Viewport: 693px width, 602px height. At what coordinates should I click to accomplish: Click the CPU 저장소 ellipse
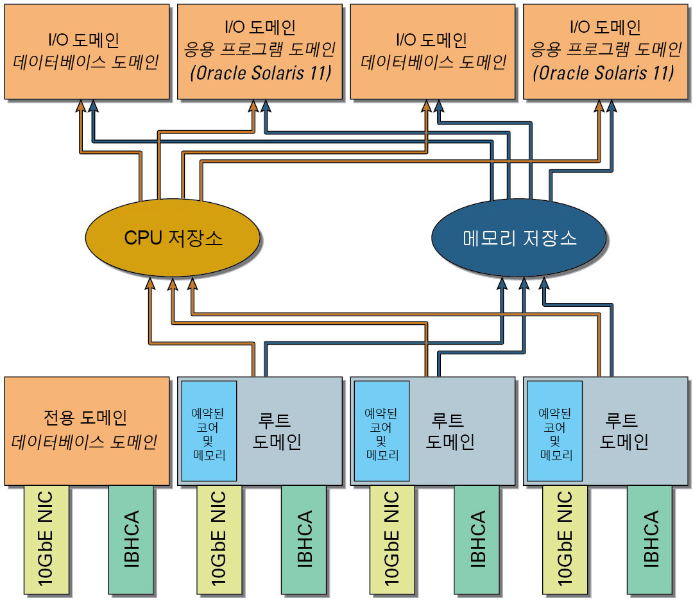click(173, 238)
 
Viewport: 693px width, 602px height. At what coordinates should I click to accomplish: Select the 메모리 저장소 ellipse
click(519, 238)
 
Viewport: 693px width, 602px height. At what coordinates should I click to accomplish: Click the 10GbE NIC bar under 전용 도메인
click(46, 539)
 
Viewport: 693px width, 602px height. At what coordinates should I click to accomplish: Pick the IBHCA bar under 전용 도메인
click(131, 539)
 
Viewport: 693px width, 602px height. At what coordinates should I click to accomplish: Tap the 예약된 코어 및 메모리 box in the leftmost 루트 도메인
click(209, 431)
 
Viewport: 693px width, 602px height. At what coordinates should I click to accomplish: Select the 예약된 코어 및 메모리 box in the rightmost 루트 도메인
click(554, 431)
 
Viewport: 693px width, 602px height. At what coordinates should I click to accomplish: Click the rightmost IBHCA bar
click(649, 539)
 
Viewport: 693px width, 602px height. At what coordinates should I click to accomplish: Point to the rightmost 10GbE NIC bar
click(565, 539)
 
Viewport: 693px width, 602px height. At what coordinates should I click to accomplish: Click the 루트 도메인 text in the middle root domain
click(450, 431)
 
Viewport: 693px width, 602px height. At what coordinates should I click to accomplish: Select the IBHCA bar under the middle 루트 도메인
click(477, 539)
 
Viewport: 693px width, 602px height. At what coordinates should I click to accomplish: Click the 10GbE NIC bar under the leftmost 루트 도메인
click(219, 539)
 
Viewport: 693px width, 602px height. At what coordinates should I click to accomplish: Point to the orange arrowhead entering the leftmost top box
click(81, 106)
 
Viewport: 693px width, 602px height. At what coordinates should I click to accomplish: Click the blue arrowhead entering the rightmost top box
click(612, 106)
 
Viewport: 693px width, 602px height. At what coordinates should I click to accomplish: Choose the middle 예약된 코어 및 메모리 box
click(382, 431)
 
